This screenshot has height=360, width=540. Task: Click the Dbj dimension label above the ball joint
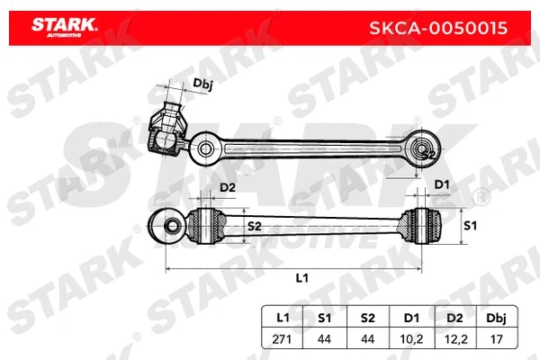pos(203,85)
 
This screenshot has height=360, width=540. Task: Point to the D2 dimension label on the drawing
pos(227,188)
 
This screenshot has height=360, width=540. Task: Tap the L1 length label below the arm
pos(301,278)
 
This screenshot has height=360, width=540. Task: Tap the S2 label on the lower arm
pos(255,226)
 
